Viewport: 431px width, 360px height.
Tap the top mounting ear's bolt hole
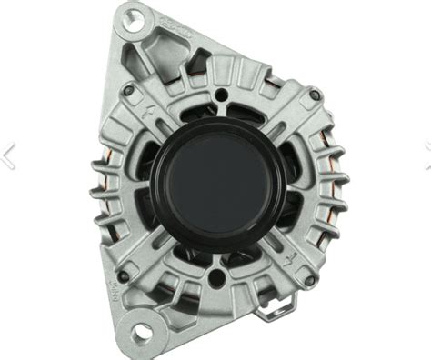click(135, 16)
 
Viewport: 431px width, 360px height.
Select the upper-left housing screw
click(128, 90)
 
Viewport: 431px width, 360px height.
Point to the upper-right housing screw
click(313, 95)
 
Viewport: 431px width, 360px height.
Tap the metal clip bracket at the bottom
click(271, 311)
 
